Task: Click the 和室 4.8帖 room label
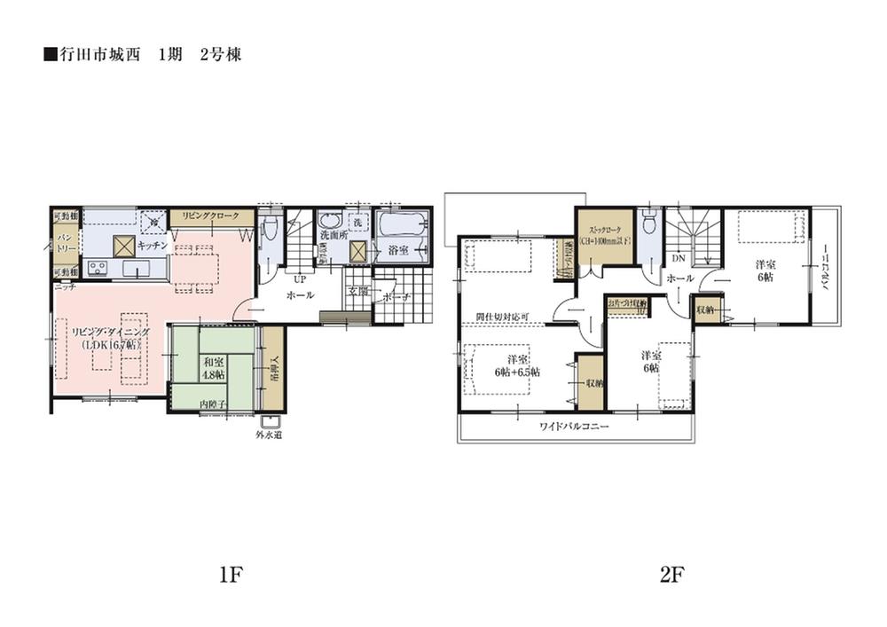point(213,367)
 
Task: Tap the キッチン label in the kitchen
point(153,244)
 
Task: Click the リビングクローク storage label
point(207,216)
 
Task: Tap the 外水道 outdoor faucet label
point(268,435)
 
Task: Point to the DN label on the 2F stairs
point(678,258)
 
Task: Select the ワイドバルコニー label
point(574,427)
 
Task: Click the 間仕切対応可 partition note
point(502,316)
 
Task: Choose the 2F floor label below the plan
point(671,575)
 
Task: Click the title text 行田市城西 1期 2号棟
point(142,55)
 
